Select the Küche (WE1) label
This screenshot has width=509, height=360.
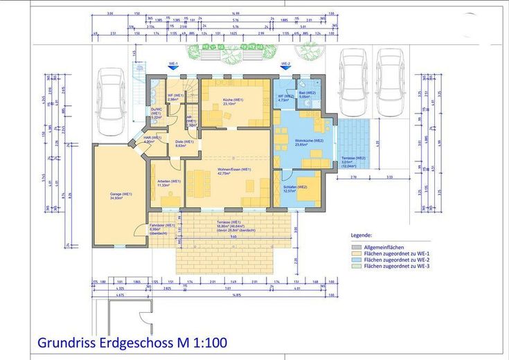click(x=233, y=100)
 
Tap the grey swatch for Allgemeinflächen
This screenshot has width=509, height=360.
click(x=356, y=246)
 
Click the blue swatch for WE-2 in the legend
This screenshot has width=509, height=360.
click(x=356, y=259)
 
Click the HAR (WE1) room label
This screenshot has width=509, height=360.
click(x=152, y=138)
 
